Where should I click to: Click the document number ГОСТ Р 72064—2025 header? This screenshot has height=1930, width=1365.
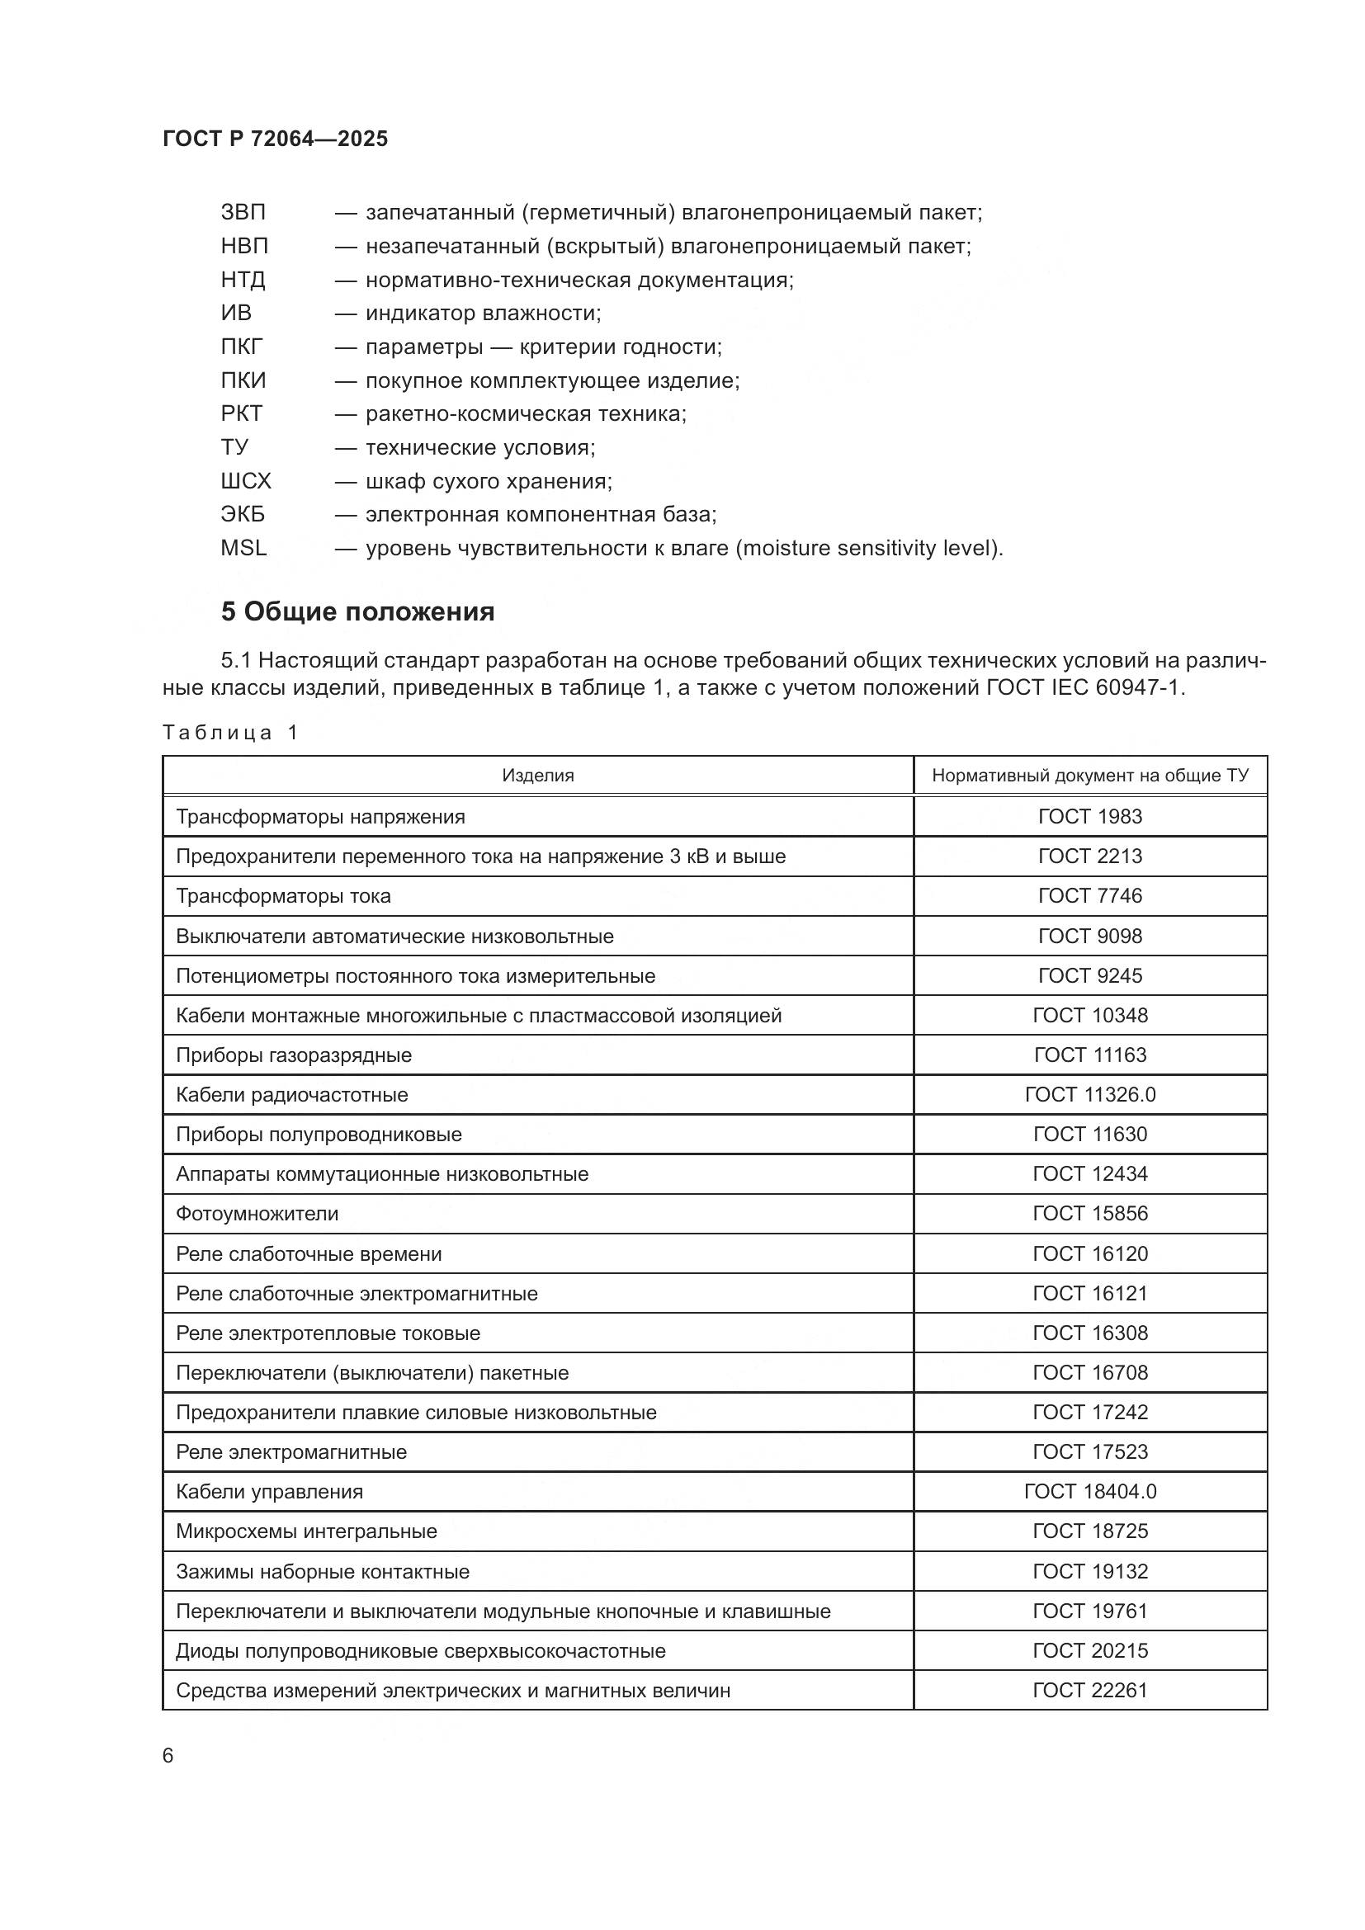(x=275, y=139)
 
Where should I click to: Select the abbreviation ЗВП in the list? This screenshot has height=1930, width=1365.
(x=243, y=213)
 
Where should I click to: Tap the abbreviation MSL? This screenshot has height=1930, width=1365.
(x=243, y=548)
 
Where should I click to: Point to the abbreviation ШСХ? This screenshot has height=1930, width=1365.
(x=245, y=481)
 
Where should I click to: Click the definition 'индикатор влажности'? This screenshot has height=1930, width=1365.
(x=483, y=314)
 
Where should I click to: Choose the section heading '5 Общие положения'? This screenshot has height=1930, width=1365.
(x=357, y=612)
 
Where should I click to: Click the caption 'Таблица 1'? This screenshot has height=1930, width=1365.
(x=230, y=732)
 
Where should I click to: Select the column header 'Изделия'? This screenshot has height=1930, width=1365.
(x=538, y=775)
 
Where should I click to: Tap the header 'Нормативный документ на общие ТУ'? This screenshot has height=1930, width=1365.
(x=1090, y=775)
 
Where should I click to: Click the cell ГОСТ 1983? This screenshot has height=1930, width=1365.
(x=1090, y=816)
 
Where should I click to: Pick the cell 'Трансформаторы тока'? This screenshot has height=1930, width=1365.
(x=283, y=896)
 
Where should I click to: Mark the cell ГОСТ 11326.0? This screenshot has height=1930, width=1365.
(x=1090, y=1094)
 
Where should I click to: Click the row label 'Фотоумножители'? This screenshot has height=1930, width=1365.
(x=257, y=1214)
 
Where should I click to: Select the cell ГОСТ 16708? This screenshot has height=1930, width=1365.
(x=1090, y=1373)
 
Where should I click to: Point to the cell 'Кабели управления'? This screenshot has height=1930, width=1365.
(x=269, y=1492)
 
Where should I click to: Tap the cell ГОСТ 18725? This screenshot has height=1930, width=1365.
(x=1090, y=1531)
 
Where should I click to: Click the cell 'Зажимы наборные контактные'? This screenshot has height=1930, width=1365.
(x=322, y=1572)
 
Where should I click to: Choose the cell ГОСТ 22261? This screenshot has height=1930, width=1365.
(x=1090, y=1691)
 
